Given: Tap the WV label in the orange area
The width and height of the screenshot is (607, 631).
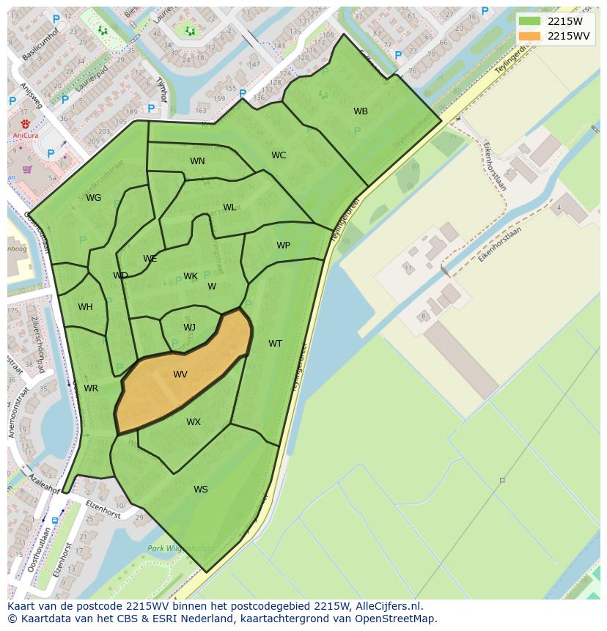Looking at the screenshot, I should coord(180,374).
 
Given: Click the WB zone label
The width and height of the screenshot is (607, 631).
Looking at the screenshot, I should coord(361,111).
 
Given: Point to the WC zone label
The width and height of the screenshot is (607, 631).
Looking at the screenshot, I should coord(279,155).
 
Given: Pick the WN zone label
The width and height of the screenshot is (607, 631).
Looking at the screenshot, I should coord(197,161).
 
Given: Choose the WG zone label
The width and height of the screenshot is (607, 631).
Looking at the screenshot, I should coord(93,198).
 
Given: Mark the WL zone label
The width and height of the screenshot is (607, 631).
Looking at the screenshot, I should coord(229,207).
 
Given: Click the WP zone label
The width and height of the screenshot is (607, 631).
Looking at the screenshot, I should coord(283,246).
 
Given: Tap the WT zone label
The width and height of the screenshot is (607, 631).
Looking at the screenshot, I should coord(275,344).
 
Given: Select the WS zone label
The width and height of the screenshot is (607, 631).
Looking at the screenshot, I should coord(201,490).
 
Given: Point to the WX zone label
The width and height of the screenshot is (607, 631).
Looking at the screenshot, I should coord(193,422).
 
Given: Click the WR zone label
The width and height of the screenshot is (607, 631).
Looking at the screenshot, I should coord(91,388).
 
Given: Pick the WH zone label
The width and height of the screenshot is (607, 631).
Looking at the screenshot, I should coord(85,307).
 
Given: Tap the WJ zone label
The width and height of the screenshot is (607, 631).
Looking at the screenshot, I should coord(189,328).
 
